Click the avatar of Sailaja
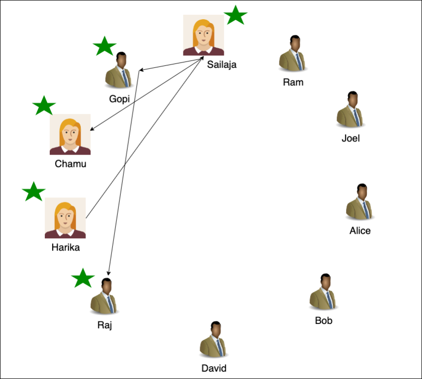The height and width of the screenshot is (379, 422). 203,35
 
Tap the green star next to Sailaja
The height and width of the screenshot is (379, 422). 236,16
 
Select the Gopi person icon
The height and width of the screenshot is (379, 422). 119,71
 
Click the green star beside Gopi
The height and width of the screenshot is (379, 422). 105,47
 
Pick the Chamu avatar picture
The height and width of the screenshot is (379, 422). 70,134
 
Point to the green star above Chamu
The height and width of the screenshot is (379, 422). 44,106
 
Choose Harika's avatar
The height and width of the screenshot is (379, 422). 65,218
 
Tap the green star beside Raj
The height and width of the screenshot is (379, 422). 83,279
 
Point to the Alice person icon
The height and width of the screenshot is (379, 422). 360,202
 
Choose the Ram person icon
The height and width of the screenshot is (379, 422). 293,54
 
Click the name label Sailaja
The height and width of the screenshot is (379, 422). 222,64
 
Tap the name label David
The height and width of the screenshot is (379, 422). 214,368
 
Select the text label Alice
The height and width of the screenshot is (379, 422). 360,230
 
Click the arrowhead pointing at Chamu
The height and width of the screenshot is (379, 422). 92,130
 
